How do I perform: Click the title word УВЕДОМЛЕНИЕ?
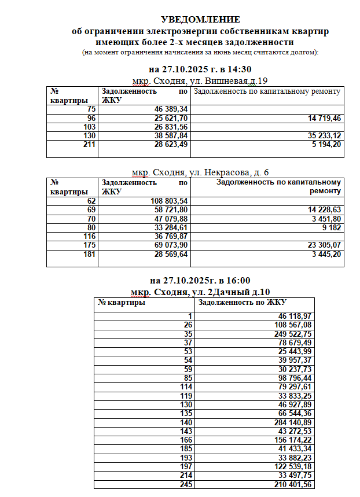200,19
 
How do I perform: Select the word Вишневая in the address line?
227,80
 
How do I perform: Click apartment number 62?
91,201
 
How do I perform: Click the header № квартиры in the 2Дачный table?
122,302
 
